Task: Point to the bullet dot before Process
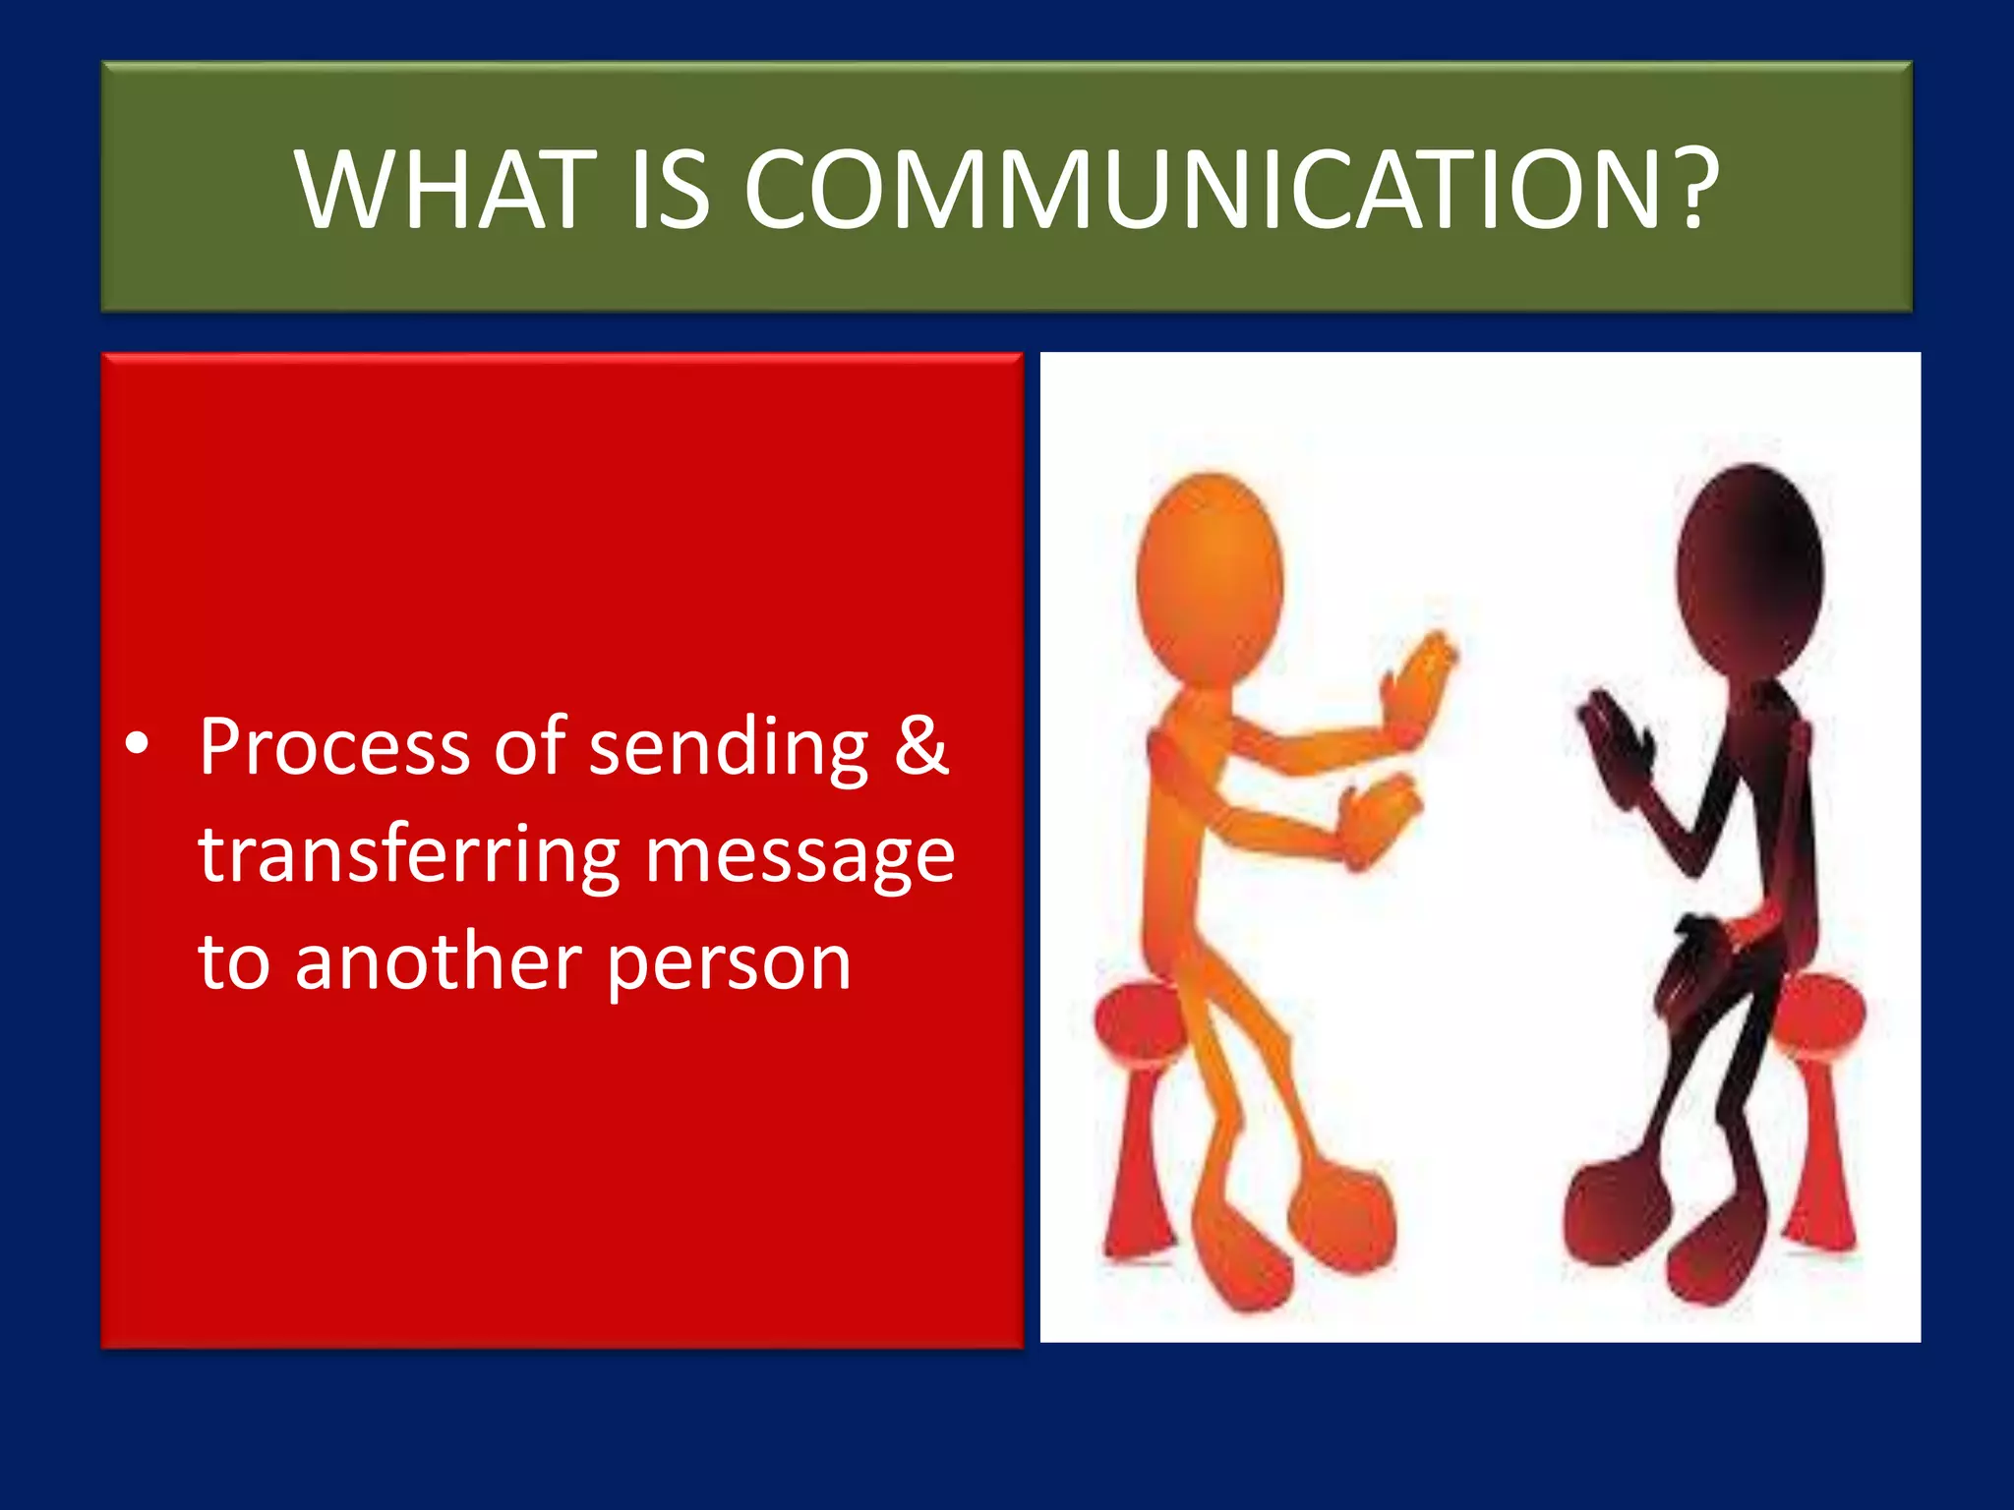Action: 138,745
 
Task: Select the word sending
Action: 729,747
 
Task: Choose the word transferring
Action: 409,855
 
